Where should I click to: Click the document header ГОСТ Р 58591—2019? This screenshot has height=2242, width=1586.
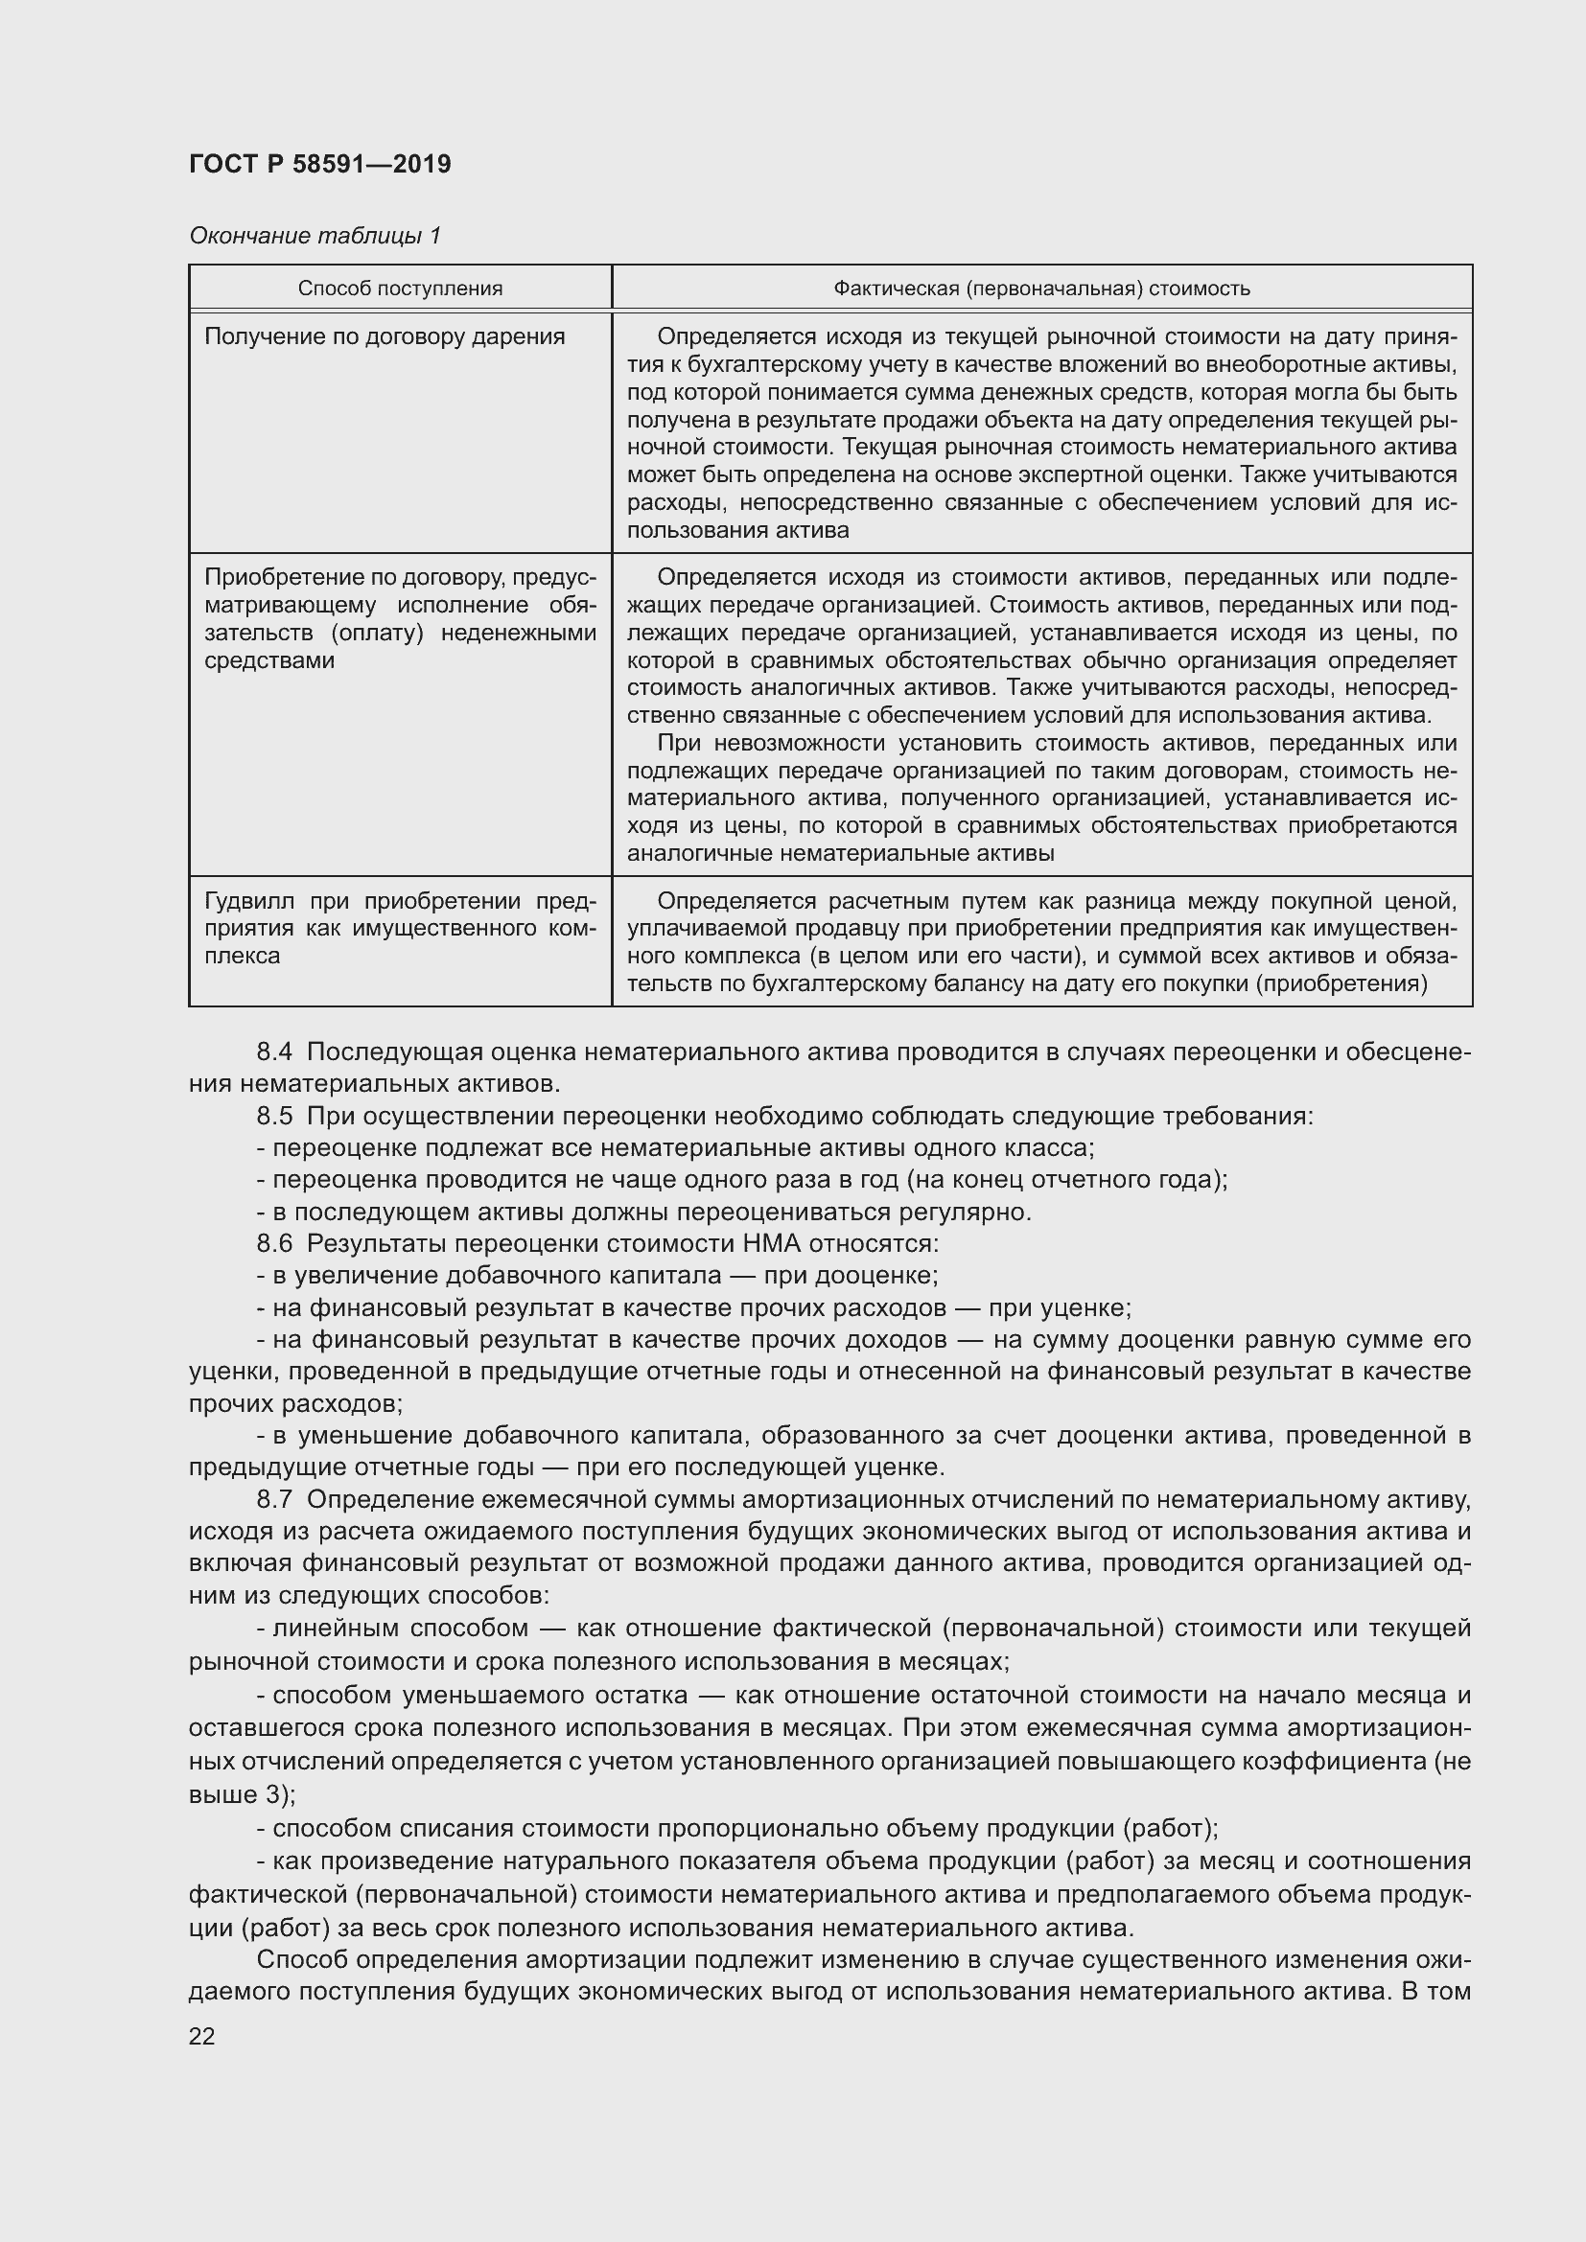click(x=319, y=164)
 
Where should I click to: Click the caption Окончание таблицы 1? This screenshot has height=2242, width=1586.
click(x=315, y=236)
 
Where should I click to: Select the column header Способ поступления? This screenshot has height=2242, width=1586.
click(x=400, y=289)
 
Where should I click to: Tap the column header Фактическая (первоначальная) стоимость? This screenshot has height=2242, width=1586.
click(x=1041, y=289)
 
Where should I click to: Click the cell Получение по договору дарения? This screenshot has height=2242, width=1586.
click(x=385, y=336)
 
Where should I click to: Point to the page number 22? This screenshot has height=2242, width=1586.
click(x=201, y=2036)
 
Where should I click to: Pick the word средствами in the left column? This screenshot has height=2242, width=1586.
click(x=269, y=661)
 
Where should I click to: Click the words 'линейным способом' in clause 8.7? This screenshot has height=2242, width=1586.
click(x=401, y=1628)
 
